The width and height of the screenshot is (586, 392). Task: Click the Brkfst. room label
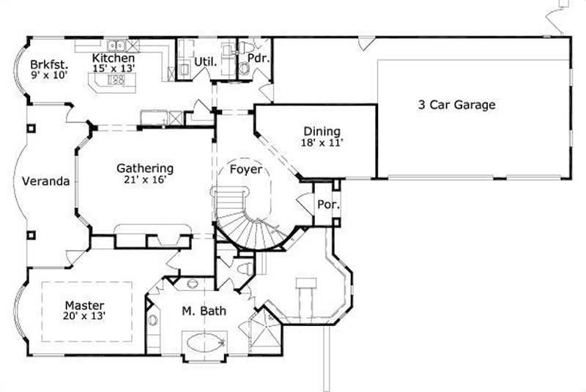45,63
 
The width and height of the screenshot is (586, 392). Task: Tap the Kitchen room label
114,58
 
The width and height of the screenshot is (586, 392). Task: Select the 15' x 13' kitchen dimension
114,68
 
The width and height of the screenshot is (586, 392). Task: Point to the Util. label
206,62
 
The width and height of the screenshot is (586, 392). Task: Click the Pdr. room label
256,57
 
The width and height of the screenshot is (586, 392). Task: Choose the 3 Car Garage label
456,105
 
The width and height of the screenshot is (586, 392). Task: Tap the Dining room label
322,133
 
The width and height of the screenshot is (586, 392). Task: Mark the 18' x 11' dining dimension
322,144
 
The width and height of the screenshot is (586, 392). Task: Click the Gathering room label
145,169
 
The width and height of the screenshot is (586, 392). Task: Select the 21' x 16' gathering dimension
145,180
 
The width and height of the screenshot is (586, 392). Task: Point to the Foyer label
245,169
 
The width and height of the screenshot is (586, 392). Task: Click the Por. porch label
327,204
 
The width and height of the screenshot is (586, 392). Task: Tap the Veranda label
45,181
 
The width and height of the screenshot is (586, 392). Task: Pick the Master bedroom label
84,305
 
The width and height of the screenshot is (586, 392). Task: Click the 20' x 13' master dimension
84,317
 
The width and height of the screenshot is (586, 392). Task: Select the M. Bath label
204,311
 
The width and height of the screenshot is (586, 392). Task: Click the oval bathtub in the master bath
204,343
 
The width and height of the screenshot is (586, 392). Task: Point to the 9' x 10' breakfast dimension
45,75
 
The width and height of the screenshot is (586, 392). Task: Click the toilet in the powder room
245,68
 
